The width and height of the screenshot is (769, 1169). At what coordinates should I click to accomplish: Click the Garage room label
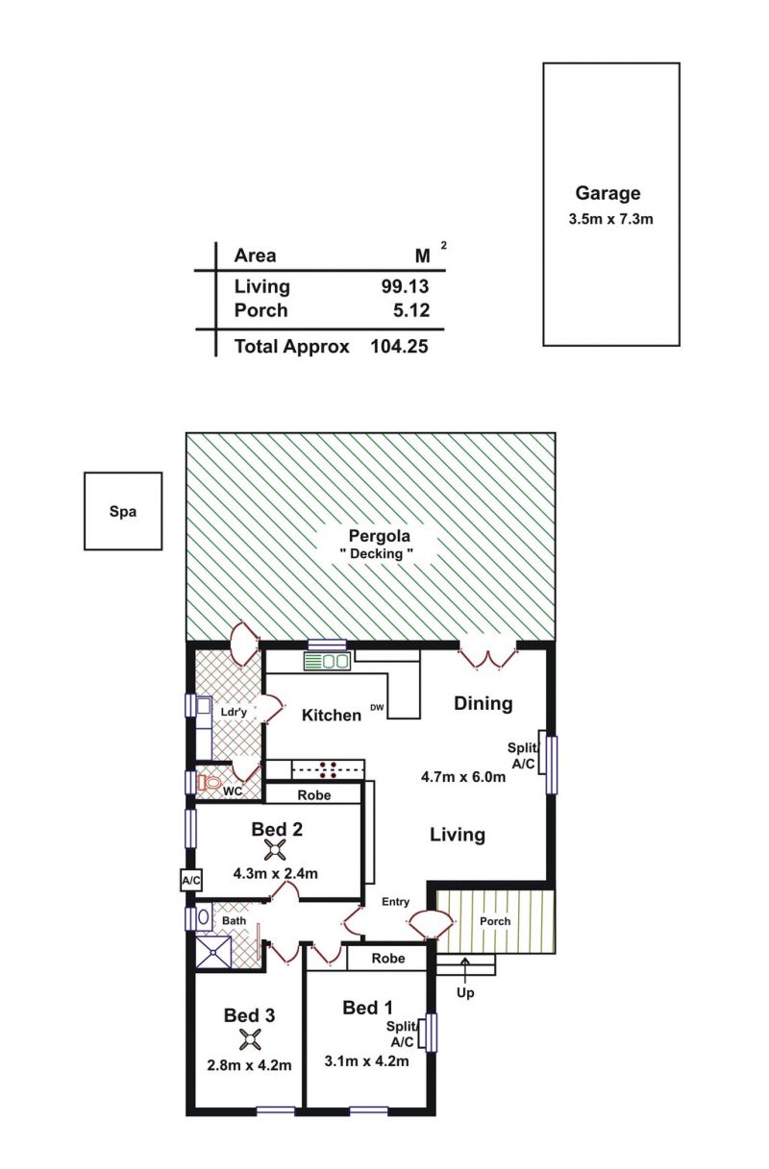coord(608,193)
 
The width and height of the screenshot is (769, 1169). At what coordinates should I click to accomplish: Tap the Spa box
coord(123,511)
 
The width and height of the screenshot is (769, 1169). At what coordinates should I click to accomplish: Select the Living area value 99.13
coord(405,286)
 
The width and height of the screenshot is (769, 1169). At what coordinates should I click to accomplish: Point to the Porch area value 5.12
coord(411,310)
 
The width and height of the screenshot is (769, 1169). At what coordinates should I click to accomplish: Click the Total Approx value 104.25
coord(399,347)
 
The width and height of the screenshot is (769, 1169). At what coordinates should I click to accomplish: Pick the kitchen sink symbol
coord(327,661)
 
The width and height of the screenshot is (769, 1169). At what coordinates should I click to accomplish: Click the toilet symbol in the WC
coord(209,782)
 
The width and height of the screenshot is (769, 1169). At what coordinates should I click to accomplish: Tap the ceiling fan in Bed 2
coord(275,849)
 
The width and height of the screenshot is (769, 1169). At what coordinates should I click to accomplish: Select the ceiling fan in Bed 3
coord(250,1039)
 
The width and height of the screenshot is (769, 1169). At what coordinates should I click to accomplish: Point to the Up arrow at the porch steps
coord(465,968)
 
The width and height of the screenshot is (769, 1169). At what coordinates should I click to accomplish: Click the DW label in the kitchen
coord(377,708)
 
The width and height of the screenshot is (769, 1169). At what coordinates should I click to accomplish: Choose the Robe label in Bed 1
coord(388,959)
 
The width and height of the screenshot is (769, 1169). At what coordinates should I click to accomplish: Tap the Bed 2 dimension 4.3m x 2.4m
coord(275,873)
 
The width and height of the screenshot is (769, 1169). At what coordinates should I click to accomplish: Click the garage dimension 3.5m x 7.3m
coord(610,219)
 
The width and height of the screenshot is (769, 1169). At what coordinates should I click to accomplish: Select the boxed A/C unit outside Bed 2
coord(190,881)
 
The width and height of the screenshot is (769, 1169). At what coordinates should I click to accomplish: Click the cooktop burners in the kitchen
coord(328,769)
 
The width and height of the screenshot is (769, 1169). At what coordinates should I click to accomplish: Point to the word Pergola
coord(380,537)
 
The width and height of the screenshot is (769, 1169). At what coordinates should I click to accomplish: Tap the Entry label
coord(395,902)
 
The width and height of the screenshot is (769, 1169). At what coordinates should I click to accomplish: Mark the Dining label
coord(484,703)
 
